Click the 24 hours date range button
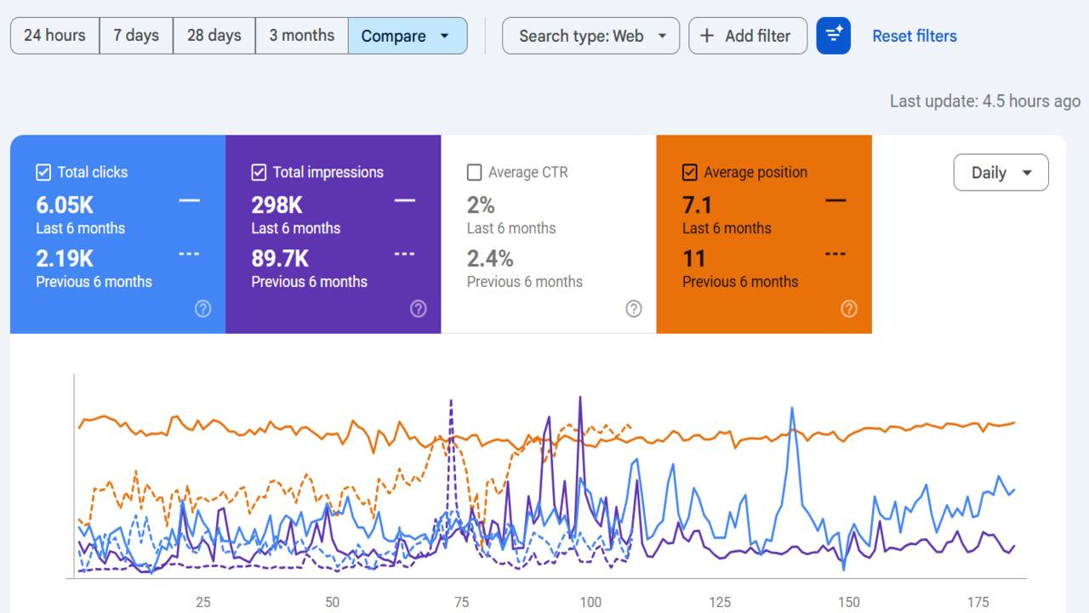tap(54, 36)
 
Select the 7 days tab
tap(136, 36)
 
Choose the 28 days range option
tap(214, 36)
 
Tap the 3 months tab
tap(301, 36)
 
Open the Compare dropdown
tap(407, 36)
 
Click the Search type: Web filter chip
tap(590, 36)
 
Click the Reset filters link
tap(914, 36)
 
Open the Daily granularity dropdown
tap(1001, 173)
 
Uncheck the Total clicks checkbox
tap(43, 173)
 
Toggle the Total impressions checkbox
tap(259, 173)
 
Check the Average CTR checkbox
tap(474, 173)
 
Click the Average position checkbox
tap(690, 173)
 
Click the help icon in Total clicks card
tap(202, 309)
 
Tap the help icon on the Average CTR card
tap(633, 309)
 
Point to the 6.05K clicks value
tap(65, 205)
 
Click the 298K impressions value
tap(277, 205)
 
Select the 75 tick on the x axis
tap(461, 602)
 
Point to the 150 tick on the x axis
tap(848, 602)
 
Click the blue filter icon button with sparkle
tap(833, 36)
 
